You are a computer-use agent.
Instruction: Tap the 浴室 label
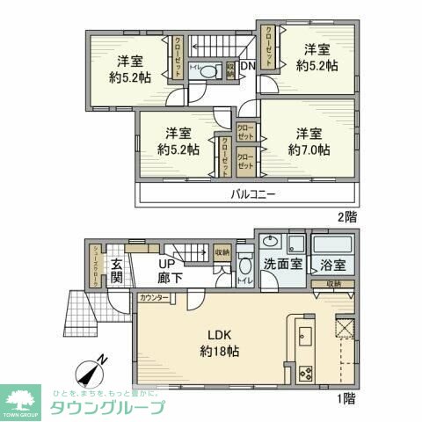tap(333, 263)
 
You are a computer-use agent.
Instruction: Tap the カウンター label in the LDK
tap(153, 299)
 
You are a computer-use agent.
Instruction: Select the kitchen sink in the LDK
tap(307, 337)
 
